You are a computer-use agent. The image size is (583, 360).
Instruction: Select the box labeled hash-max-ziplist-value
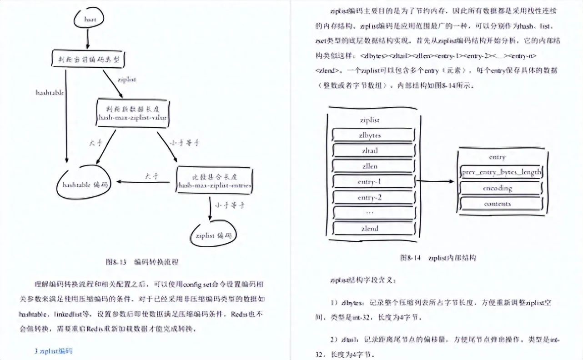pyautogui.click(x=132, y=113)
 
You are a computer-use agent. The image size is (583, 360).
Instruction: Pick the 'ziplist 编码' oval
pyautogui.click(x=213, y=235)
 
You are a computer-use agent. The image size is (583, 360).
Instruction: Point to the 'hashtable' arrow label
pyautogui.click(x=50, y=92)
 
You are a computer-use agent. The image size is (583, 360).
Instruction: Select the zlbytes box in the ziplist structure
pyautogui.click(x=369, y=135)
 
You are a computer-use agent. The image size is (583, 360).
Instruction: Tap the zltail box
pyautogui.click(x=369, y=151)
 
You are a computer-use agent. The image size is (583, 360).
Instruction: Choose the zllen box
pyautogui.click(x=369, y=166)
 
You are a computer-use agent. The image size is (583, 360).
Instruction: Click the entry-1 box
pyautogui.click(x=369, y=182)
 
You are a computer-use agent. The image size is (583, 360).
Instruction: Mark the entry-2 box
pyautogui.click(x=369, y=197)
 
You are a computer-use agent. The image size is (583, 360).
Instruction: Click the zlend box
pyautogui.click(x=369, y=228)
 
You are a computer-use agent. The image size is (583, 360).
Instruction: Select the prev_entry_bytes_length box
pyautogui.click(x=501, y=172)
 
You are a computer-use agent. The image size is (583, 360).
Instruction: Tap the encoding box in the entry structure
pyautogui.click(x=498, y=188)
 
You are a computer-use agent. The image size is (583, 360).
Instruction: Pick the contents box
pyautogui.click(x=498, y=204)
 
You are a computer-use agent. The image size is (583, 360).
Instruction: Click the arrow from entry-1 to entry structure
pyautogui.click(x=435, y=181)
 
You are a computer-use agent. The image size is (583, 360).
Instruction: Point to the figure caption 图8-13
pyautogui.click(x=141, y=262)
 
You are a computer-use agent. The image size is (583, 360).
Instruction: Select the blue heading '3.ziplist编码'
pyautogui.click(x=54, y=350)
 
